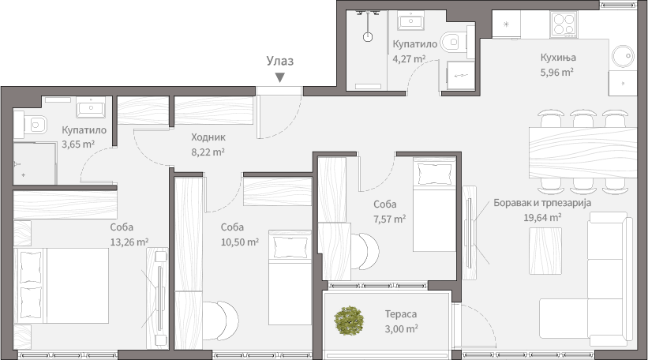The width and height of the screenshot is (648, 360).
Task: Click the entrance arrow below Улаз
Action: pos(279,77)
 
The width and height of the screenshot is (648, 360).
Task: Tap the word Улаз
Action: pos(279,61)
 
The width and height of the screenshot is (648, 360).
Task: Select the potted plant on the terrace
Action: pos(349,321)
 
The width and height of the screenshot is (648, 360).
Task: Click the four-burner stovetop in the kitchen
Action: pos(564,24)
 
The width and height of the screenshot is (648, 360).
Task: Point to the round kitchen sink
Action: pos(624,56)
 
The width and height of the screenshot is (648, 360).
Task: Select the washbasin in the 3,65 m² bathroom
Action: pos(91,107)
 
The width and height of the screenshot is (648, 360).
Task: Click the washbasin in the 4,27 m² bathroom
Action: pos(410,21)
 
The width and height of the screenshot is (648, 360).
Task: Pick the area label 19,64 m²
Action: pos(542,217)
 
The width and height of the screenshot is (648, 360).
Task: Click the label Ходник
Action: pos(208,137)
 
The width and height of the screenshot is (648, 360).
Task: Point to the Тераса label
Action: pos(401,314)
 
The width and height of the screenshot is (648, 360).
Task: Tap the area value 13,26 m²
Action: pos(129,242)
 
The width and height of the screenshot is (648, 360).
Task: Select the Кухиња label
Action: pos(558,58)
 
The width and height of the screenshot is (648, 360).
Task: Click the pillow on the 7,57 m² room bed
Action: pos(434,174)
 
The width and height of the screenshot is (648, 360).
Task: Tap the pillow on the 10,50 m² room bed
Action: pos(290,247)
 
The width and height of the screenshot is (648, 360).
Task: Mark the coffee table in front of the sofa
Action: pos(545,250)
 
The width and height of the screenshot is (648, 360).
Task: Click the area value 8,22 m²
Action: pos(208,152)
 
